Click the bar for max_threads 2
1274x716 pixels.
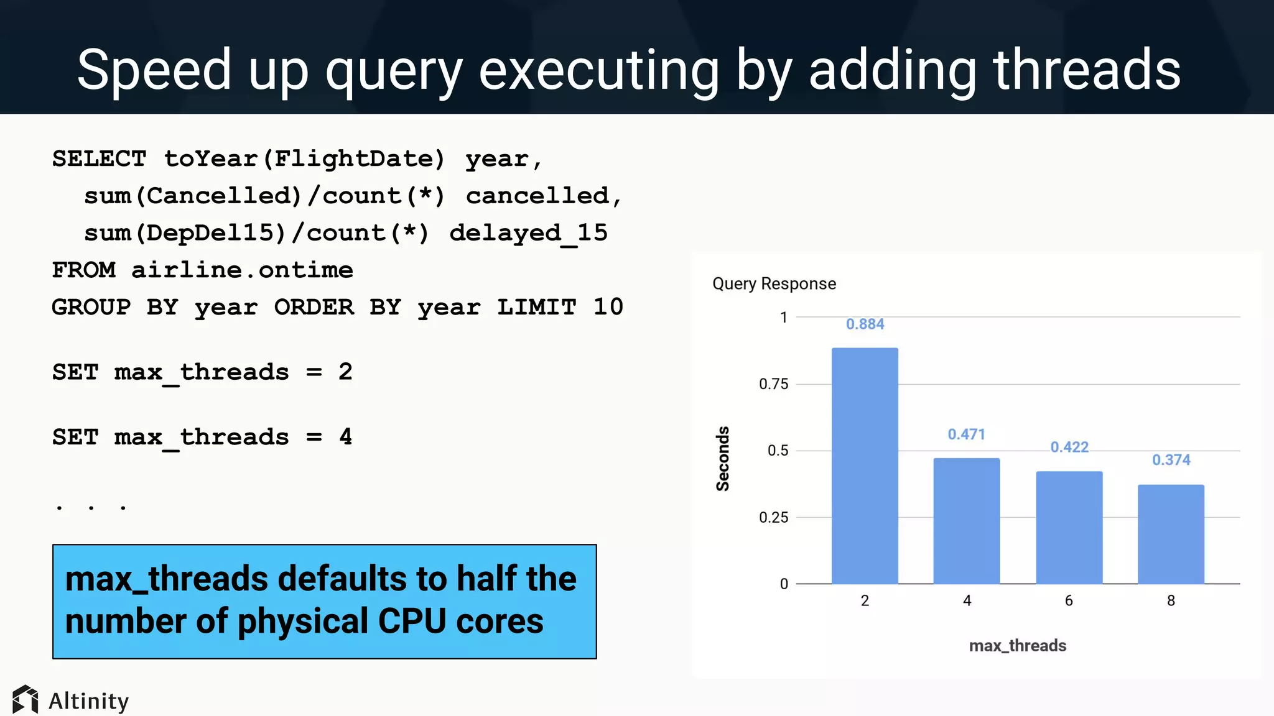(x=865, y=466)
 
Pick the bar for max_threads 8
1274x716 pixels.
(x=1171, y=534)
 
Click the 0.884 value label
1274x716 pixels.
(x=865, y=324)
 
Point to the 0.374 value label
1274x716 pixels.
(x=1171, y=460)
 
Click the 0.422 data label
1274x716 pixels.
(x=1069, y=447)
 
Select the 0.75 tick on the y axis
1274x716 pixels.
(x=773, y=384)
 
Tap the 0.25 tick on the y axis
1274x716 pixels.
(x=773, y=518)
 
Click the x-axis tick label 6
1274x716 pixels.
(x=1069, y=601)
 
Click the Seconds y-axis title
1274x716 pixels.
(x=723, y=459)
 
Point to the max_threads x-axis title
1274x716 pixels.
(x=1018, y=646)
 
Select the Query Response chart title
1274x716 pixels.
(x=774, y=284)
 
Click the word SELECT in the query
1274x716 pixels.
(x=99, y=159)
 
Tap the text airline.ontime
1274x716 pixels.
(x=242, y=270)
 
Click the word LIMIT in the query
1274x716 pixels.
(x=536, y=307)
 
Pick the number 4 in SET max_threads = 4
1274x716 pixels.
(x=346, y=437)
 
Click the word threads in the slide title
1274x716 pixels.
(x=1086, y=70)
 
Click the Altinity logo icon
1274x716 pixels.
(x=26, y=700)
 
